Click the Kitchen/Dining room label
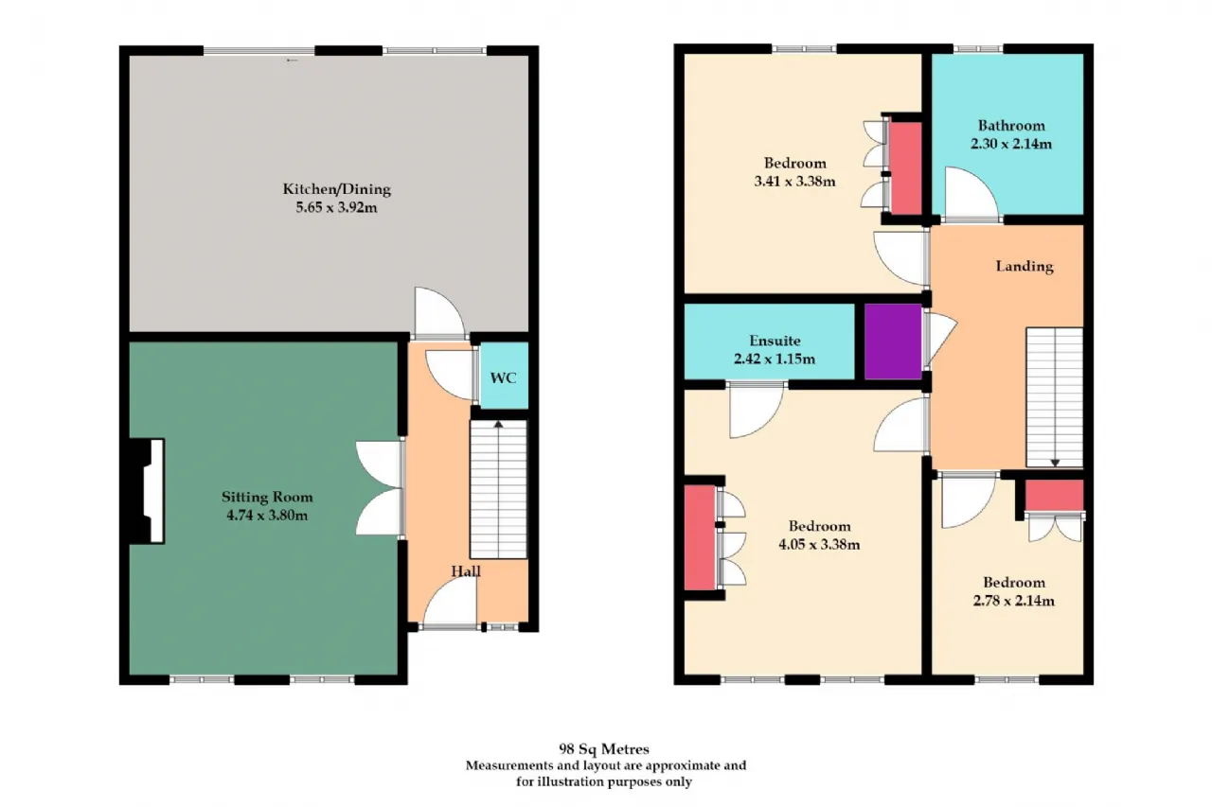tap(336, 189)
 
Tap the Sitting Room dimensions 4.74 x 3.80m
tap(267, 515)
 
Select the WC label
tap(503, 377)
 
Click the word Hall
tap(466, 571)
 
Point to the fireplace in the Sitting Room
tap(147, 491)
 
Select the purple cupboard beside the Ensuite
tap(893, 342)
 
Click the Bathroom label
tap(1011, 126)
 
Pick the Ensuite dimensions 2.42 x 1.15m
tap(775, 359)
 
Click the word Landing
tap(1025, 266)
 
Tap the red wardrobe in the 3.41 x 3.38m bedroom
tap(906, 168)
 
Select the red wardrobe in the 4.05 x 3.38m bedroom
tap(700, 537)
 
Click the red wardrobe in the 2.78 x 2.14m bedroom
tap(1055, 495)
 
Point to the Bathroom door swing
tap(971, 194)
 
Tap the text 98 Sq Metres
tap(604, 749)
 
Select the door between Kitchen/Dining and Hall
tap(439, 313)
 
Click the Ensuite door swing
tap(757, 411)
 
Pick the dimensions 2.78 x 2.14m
tap(1014, 601)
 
